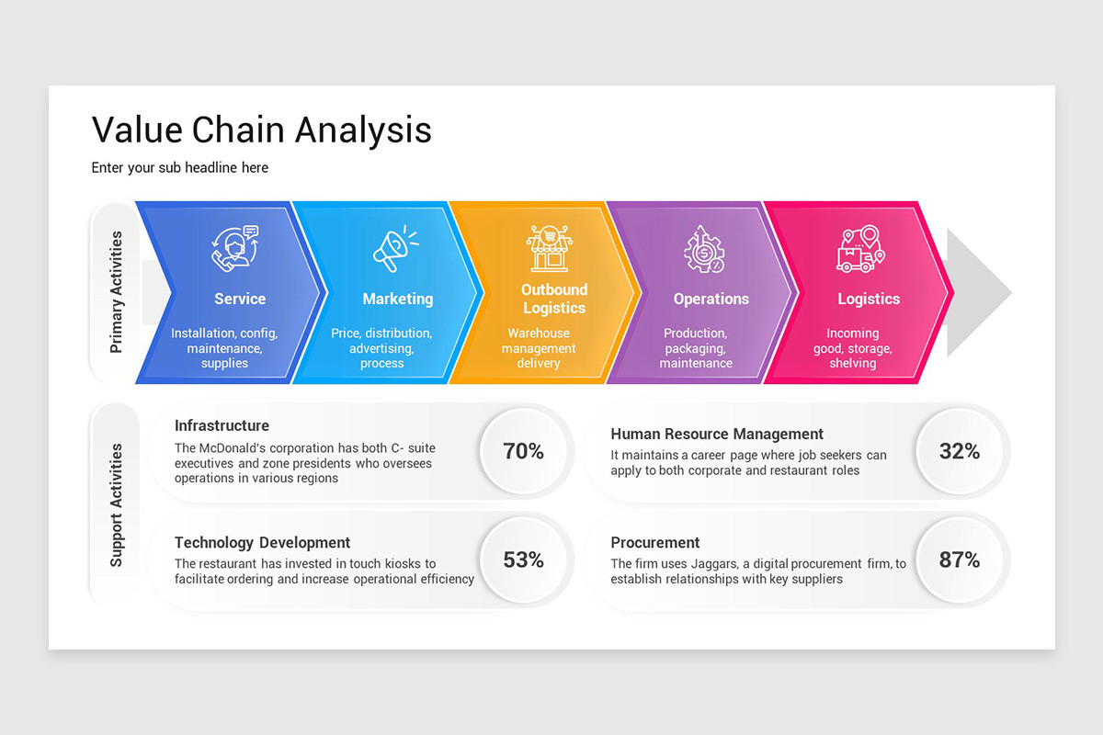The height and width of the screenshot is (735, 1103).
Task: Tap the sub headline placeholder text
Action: coord(180,167)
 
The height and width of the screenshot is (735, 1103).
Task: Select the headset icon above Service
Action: coord(235,249)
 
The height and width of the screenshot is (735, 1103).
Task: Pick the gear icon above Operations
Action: coord(704,249)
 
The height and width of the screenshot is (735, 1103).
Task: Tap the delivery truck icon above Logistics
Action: coord(860,249)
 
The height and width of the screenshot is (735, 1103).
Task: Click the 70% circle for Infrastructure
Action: coord(523,451)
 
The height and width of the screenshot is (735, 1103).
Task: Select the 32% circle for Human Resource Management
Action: coord(959,451)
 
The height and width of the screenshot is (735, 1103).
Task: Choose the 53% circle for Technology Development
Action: coord(523,560)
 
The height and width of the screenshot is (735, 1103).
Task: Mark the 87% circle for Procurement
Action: coord(959,560)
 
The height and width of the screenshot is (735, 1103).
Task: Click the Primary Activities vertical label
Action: coord(116,292)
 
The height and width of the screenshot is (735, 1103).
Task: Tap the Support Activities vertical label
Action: coord(116,504)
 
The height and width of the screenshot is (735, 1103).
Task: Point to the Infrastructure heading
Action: coord(222,425)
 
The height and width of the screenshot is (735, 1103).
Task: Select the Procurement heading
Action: coord(655,542)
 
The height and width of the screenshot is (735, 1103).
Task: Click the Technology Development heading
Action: coord(262,542)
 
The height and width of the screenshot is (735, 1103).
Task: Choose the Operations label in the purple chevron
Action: coord(711,299)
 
